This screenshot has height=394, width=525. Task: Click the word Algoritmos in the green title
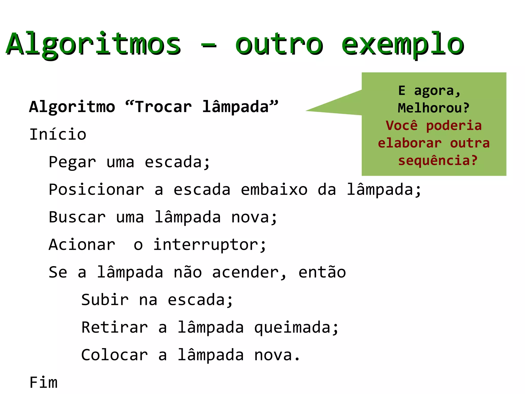pyautogui.click(x=94, y=44)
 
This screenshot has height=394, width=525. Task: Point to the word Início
pyautogui.click(x=58, y=134)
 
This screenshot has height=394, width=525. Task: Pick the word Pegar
pyautogui.click(x=72, y=162)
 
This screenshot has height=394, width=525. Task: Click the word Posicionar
pyautogui.click(x=96, y=190)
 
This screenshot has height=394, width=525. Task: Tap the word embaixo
pyautogui.click(x=274, y=190)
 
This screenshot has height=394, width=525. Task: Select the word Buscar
pyautogui.click(x=77, y=217)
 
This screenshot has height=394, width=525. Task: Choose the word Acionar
pyautogui.click(x=82, y=245)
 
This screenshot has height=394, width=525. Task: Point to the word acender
pyautogui.click(x=246, y=272)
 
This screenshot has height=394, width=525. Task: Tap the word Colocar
pyautogui.click(x=115, y=355)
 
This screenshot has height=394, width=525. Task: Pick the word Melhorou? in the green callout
pyautogui.click(x=433, y=108)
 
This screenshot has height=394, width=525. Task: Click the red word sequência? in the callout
pyautogui.click(x=438, y=161)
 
